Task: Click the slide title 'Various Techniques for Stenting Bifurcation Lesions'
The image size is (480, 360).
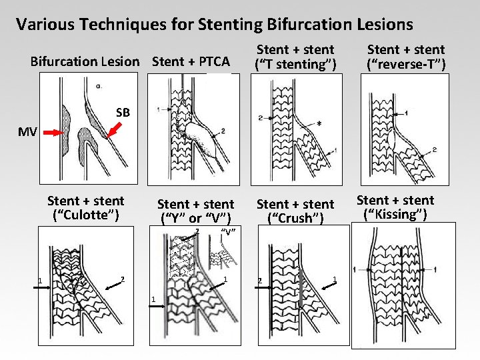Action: pyautogui.click(x=214, y=25)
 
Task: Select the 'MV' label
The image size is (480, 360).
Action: pyautogui.click(x=27, y=131)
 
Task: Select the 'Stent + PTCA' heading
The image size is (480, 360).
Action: pyautogui.click(x=191, y=62)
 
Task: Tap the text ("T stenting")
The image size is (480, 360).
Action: pyautogui.click(x=295, y=64)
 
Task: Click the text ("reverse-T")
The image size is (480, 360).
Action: pyautogui.click(x=406, y=64)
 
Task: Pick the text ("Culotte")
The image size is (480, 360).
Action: pyautogui.click(x=85, y=215)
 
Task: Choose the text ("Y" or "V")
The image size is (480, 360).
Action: pyautogui.click(x=195, y=218)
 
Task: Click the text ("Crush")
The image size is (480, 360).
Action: pyautogui.click(x=295, y=218)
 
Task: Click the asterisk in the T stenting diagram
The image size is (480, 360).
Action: pyautogui.click(x=321, y=124)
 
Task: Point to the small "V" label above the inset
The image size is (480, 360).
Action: pyautogui.click(x=229, y=233)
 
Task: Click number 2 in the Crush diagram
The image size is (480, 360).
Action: pyautogui.click(x=259, y=279)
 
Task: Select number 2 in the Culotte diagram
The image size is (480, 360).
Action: pyautogui.click(x=122, y=279)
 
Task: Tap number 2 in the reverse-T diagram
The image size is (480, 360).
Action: pyautogui.click(x=434, y=150)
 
